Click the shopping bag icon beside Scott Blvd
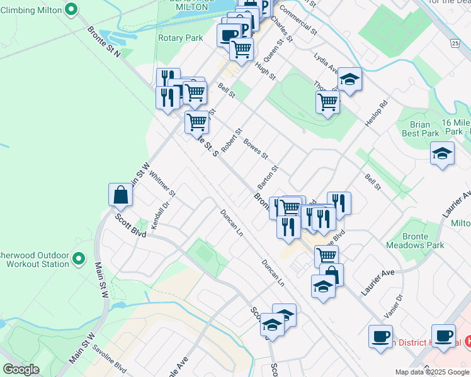(x=120, y=195)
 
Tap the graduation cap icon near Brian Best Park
(x=442, y=153)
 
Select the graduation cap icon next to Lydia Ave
(x=349, y=80)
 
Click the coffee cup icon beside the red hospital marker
(x=444, y=336)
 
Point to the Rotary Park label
(x=181, y=38)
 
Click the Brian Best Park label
(x=420, y=129)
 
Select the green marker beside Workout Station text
(x=79, y=258)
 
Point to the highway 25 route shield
(x=455, y=43)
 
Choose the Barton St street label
(x=268, y=178)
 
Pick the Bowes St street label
(x=256, y=148)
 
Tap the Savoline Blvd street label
(x=110, y=359)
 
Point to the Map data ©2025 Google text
(x=432, y=372)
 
